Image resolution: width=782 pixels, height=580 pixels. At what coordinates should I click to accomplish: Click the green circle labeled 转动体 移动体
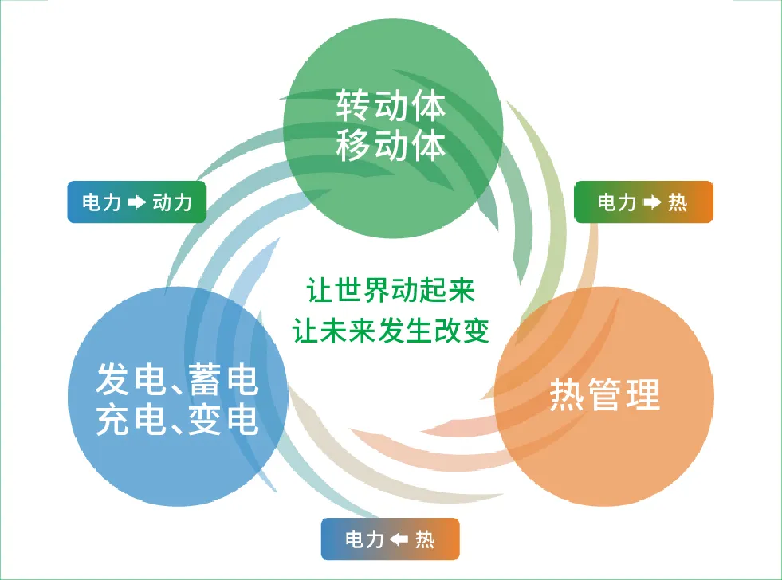(x=393, y=128)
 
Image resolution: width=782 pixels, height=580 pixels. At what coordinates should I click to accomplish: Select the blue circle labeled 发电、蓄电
(x=178, y=397)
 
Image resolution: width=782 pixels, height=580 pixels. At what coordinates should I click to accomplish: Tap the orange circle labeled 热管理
(x=604, y=397)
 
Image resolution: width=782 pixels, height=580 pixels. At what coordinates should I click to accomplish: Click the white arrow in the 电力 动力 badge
(x=136, y=202)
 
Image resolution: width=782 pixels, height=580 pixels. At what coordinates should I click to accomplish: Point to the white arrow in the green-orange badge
(x=652, y=202)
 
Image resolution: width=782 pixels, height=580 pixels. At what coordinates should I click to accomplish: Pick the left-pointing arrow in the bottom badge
(x=399, y=539)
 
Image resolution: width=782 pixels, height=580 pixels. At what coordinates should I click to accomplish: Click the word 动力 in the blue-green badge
(x=172, y=202)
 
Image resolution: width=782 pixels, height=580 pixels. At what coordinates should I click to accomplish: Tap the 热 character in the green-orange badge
(x=678, y=202)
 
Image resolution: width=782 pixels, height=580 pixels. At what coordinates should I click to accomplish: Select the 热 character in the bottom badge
(x=425, y=539)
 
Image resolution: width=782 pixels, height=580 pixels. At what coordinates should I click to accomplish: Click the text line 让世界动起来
(x=391, y=290)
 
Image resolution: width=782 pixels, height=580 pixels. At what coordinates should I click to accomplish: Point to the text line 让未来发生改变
(x=391, y=331)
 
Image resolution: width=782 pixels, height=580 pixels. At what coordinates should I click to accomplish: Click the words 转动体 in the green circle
(x=391, y=105)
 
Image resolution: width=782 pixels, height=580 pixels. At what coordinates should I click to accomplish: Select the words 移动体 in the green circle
(x=391, y=145)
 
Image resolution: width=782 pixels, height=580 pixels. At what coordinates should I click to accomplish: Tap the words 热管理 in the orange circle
(x=605, y=394)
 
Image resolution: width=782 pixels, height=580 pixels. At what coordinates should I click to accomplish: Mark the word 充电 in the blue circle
(x=131, y=420)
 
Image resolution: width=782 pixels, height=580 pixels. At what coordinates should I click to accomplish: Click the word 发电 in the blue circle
(x=131, y=379)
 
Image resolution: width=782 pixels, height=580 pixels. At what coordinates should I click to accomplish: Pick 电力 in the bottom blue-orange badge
(x=364, y=539)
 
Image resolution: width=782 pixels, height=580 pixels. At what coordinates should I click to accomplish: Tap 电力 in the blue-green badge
(x=102, y=202)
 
